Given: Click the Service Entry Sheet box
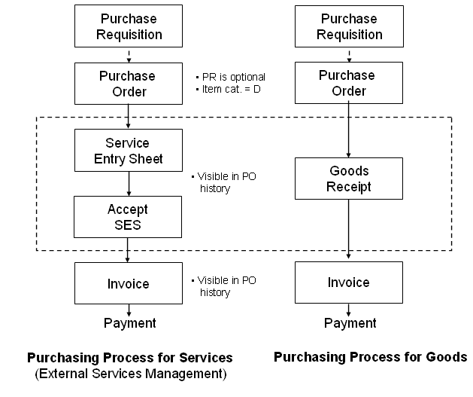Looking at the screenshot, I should (x=129, y=150).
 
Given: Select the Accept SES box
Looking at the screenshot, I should (x=129, y=217).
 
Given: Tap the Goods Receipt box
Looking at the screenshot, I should (x=349, y=179).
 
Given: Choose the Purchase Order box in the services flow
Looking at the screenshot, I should (x=129, y=84).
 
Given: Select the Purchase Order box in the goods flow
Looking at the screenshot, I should (x=349, y=83).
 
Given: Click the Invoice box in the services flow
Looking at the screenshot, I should (x=129, y=283).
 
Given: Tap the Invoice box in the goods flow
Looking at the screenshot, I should (x=349, y=282).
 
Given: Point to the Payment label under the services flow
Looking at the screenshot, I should (x=129, y=323).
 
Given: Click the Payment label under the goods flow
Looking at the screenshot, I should (x=350, y=323).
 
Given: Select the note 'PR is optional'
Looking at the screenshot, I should (x=232, y=77).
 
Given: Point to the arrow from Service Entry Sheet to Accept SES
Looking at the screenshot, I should (x=129, y=184).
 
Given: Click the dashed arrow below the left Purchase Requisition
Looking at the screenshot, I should (x=129, y=53).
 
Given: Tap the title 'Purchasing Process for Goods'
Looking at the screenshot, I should (x=370, y=356).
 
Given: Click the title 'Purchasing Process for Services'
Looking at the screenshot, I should (x=129, y=357).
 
